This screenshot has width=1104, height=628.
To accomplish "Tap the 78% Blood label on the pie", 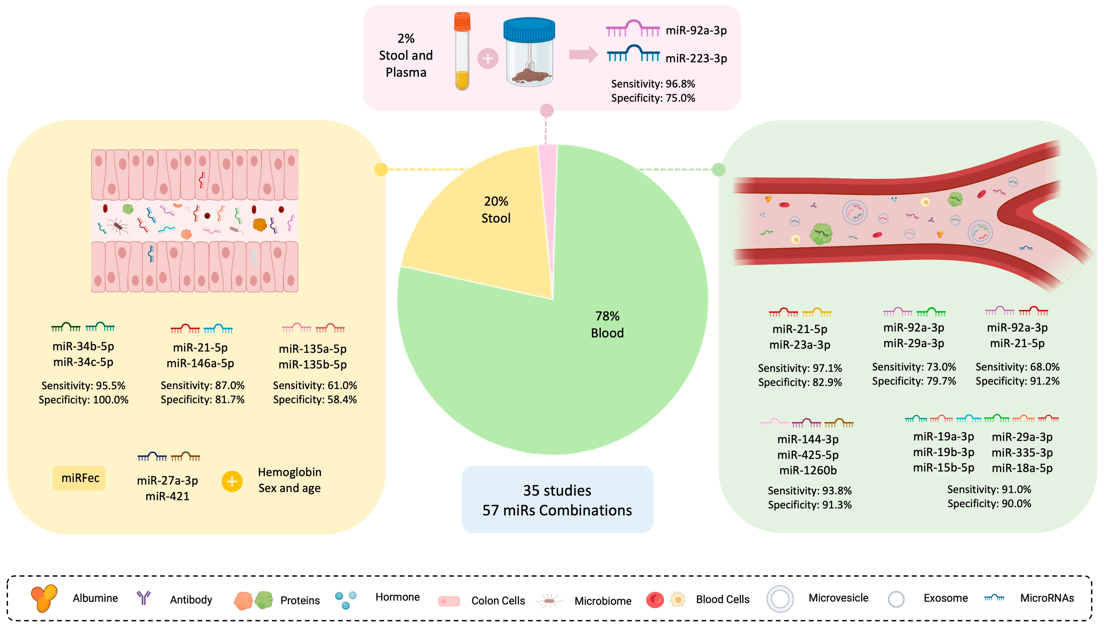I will [607, 324].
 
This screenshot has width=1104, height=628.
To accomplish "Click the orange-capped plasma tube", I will [462, 52].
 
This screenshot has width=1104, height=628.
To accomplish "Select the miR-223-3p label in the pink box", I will [696, 58].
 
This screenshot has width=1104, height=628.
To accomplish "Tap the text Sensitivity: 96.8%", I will [653, 84].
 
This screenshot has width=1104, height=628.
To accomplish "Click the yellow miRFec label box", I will [80, 478].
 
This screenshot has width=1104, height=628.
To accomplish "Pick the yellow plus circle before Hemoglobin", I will [232, 481].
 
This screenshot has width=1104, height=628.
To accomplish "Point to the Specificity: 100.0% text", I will [83, 400].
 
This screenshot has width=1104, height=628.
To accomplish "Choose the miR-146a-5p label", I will [200, 363].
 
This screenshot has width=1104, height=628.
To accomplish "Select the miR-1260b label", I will [808, 470].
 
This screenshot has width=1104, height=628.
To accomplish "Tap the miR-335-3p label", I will [1021, 452].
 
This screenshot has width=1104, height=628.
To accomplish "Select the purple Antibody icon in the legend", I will [143, 598].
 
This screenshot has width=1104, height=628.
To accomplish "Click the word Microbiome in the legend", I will [602, 601].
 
